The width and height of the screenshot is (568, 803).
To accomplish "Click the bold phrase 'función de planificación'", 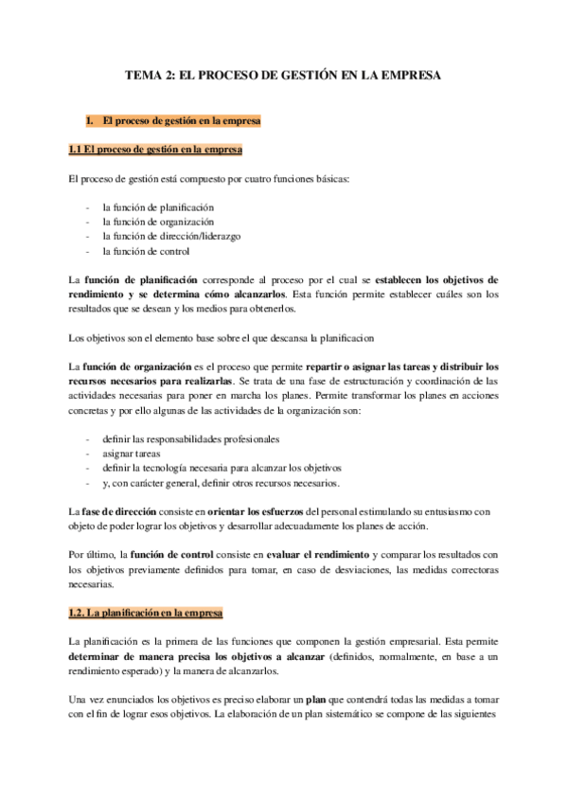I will tap(141, 281).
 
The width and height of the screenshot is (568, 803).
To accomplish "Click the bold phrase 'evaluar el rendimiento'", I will tap(324, 553).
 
